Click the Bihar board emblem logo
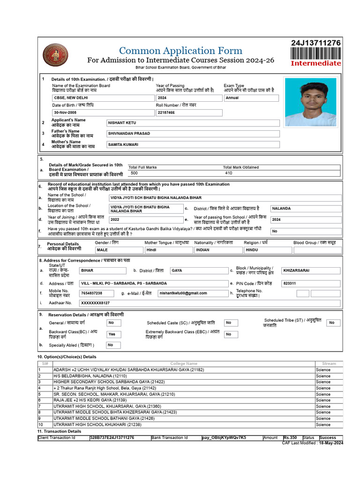coord(55,55)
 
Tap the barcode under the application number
coord(316,53)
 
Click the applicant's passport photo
coord(310,102)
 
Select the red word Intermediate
coord(316,63)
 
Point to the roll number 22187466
coord(166,113)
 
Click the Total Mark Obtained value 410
coord(228,173)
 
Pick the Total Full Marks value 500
coord(134,173)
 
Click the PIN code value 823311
coord(289,284)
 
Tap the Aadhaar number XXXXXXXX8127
coord(95,303)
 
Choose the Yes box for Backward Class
coord(112,334)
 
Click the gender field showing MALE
coord(102,250)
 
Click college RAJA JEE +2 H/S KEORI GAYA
coord(90,400)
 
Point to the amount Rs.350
coord(291,437)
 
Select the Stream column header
coord(329,363)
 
